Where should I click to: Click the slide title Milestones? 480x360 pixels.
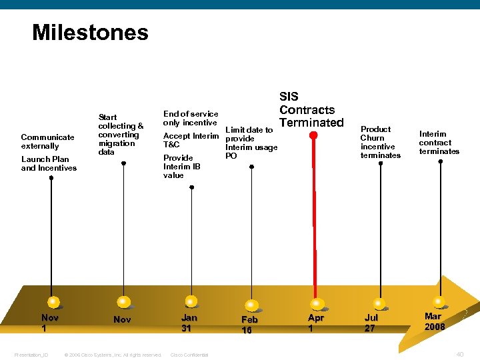tap(90, 32)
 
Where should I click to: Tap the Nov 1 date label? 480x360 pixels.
tap(49, 323)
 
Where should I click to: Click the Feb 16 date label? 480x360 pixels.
tap(249, 325)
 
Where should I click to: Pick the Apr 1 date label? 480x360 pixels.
tap(315, 323)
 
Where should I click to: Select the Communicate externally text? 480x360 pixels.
tap(47, 141)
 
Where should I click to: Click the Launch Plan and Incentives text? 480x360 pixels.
tap(49, 163)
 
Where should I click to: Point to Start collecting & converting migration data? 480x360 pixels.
tap(121, 134)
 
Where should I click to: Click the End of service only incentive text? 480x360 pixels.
tap(191, 118)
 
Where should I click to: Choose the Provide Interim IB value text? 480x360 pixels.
tap(181, 167)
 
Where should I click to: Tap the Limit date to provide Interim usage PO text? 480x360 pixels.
tap(251, 143)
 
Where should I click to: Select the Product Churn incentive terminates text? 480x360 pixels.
tap(380, 142)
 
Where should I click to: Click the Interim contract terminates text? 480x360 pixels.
tap(439, 143)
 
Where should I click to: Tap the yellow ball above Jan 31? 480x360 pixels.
tap(191, 301)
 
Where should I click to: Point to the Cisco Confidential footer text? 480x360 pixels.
tap(189, 355)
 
